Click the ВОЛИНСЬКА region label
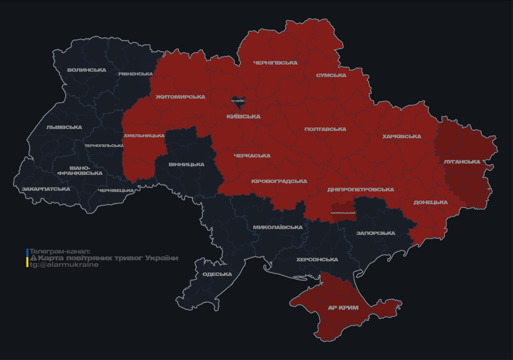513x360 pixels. (x=87, y=70)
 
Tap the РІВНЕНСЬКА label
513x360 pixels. (x=136, y=74)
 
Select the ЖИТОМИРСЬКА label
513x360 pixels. (x=181, y=97)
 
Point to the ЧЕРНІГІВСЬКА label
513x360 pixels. (x=275, y=63)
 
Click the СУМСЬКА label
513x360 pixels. (x=331, y=75)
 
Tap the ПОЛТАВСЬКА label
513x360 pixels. (x=325, y=129)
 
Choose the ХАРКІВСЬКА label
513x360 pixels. (x=401, y=137)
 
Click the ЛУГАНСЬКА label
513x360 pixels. (x=462, y=162)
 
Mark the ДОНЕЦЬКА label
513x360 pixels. (x=430, y=202)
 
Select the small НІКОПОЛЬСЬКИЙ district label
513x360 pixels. (x=343, y=213)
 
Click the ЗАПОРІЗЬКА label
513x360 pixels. (x=376, y=233)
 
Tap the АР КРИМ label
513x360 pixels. (x=343, y=308)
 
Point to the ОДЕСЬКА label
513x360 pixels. (x=217, y=274)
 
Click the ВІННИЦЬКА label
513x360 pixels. (x=186, y=165)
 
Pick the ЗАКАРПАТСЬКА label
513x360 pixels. (x=46, y=189)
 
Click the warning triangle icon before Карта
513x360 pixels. (x=33, y=258)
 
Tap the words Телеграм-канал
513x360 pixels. (x=60, y=252)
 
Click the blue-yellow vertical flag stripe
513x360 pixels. (x=27, y=258)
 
